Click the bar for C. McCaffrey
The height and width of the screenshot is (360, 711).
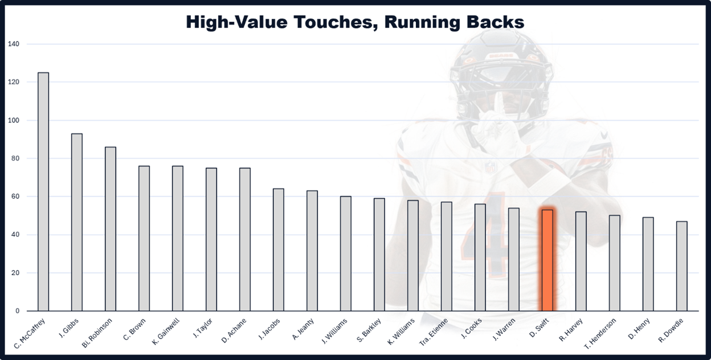(43, 191)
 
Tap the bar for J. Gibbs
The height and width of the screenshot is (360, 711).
(77, 222)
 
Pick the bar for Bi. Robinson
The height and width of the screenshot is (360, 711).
(111, 229)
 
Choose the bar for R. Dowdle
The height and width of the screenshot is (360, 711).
(681, 266)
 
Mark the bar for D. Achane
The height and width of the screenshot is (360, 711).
(245, 239)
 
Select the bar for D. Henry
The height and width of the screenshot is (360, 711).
(648, 264)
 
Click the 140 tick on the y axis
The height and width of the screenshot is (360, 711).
(13, 44)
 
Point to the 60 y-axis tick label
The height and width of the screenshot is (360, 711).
(14, 197)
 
